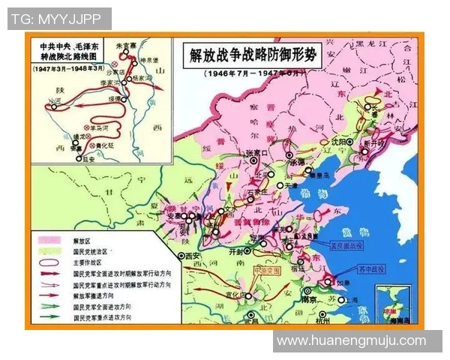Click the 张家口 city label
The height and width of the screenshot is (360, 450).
click(256, 153)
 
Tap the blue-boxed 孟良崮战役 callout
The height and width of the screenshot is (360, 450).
click(345, 244)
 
